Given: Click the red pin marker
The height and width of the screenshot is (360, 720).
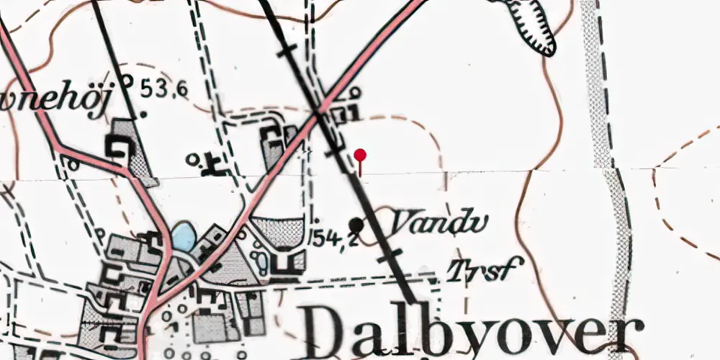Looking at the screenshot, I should (x=361, y=155).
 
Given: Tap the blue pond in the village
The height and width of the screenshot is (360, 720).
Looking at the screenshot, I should (x=182, y=237).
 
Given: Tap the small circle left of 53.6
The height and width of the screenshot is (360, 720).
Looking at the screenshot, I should (x=127, y=80).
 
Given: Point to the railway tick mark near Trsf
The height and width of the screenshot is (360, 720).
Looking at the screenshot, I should (x=392, y=255).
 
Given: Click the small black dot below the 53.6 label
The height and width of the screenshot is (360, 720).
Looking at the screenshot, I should (x=143, y=113).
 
